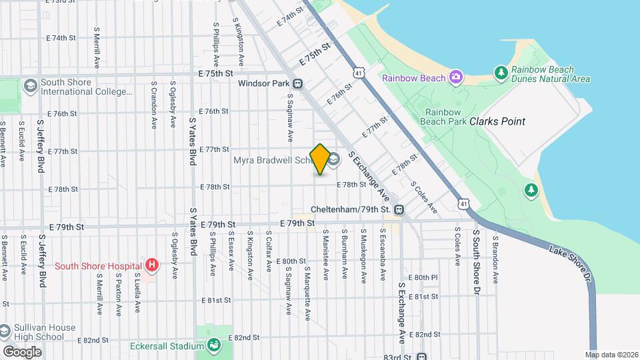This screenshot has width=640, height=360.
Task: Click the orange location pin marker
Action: click(x=320, y=159)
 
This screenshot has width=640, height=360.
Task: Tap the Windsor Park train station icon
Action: click(x=297, y=84)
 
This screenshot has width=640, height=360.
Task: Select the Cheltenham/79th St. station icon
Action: click(x=399, y=209)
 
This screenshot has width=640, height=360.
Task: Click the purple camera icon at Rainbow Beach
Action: click(x=455, y=78)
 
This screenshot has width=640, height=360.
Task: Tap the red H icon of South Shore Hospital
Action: click(x=152, y=266)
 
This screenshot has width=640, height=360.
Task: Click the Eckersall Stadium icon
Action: click(x=214, y=345)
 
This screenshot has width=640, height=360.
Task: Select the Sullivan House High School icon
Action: click(x=5, y=331)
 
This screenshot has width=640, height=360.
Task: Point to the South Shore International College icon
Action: click(x=30, y=86)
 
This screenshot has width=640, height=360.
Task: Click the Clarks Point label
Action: click(x=497, y=121)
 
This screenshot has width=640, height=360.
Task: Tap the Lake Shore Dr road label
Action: click(x=572, y=263)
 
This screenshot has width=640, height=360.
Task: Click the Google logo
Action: click(x=22, y=351)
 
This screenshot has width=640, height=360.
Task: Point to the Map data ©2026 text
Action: click(x=611, y=355)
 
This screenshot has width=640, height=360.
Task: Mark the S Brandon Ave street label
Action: click(x=495, y=259)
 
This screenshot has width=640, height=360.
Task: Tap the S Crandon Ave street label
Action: click(x=153, y=105)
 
